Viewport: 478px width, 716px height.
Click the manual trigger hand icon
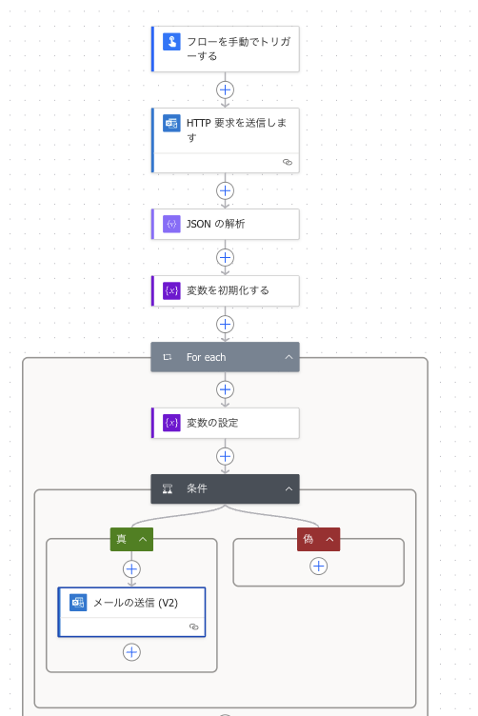point(171,42)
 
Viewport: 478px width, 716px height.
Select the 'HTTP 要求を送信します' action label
point(235,130)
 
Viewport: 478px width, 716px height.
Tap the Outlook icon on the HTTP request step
point(171,124)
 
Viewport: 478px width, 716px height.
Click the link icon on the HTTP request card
point(288,163)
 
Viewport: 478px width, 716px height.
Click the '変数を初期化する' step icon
point(171,290)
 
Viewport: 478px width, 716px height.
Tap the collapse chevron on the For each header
point(289,357)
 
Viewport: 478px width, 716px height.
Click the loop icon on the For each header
point(168,357)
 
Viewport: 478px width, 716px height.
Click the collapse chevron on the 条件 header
point(289,488)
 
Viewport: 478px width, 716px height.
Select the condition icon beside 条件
point(168,488)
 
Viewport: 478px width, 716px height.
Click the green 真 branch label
point(122,539)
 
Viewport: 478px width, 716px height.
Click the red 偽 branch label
point(309,539)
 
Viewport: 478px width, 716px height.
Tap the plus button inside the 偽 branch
point(319,567)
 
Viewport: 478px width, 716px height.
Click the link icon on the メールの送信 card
point(194,626)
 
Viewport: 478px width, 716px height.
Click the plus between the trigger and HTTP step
point(226,89)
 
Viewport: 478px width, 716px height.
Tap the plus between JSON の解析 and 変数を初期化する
point(226,257)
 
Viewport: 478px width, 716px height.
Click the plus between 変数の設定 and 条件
point(226,456)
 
